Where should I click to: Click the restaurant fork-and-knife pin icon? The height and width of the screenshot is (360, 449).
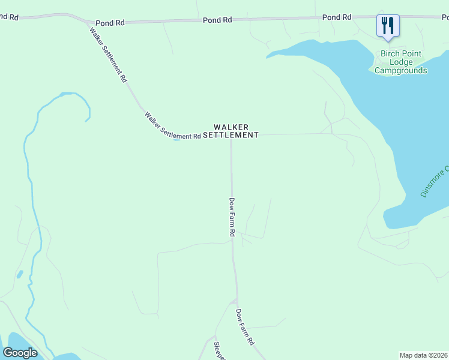(x=387, y=26)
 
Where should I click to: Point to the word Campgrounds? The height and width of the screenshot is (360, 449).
(x=400, y=70)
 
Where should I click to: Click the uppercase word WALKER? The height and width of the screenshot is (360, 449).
(x=231, y=127)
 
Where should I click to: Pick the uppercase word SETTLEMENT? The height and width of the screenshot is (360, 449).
(x=231, y=136)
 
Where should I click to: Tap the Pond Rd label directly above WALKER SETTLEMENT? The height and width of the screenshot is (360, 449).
(x=217, y=20)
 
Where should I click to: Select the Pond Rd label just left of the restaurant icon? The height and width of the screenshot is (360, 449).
(x=336, y=17)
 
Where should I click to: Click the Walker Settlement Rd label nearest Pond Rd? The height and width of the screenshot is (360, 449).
(x=108, y=54)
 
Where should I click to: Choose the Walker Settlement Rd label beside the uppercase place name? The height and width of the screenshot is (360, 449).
(x=172, y=126)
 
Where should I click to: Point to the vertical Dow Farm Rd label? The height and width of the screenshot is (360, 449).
(x=232, y=217)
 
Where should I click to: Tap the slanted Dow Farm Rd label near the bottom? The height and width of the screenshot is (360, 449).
(x=244, y=327)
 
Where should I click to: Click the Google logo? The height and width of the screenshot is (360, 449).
(x=20, y=353)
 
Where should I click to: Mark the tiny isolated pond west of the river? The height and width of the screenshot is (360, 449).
(x=20, y=274)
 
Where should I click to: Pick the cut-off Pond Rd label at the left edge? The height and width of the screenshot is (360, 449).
(x=8, y=17)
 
